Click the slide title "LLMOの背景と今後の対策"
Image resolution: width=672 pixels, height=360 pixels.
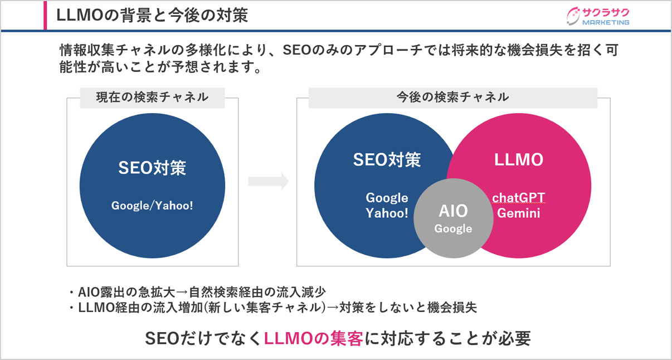coord(152,15)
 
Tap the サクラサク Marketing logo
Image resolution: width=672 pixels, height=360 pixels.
coord(597,16)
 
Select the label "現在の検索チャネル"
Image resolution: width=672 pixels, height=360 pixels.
coord(153,97)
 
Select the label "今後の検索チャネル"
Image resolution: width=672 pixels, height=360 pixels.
coord(452,97)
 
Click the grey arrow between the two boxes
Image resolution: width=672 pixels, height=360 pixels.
coord(268,181)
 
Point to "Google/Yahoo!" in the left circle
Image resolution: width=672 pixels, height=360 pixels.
coord(152,206)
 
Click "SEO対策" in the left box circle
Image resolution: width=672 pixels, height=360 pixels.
coord(152,168)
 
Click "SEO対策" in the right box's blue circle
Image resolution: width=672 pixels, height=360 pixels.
coord(387,159)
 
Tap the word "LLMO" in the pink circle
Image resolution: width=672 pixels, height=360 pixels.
coord(519,159)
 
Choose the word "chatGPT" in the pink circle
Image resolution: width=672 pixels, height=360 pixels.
coord(519,198)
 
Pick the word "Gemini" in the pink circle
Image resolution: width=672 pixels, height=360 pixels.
coord(519,213)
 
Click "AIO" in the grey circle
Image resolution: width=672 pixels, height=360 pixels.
coord(454,211)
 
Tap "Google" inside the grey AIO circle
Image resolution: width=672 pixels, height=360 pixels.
coord(454,228)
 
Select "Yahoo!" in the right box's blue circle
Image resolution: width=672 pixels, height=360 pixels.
coord(387,213)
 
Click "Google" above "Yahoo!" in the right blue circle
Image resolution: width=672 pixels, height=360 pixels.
coord(387,198)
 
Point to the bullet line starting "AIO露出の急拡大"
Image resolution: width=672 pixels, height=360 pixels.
coord(197,292)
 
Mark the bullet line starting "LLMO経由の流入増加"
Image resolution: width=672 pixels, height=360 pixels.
coord(272,308)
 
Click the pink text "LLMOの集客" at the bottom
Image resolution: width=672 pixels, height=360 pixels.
coord(314,338)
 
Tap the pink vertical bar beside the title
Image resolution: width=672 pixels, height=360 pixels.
coord(45,15)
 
